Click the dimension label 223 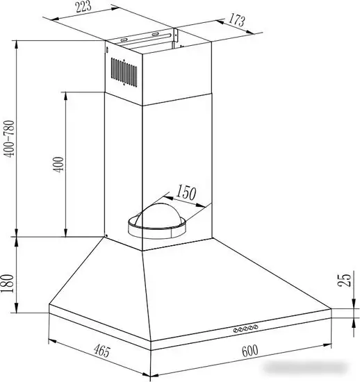click(83, 6)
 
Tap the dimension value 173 click(236, 20)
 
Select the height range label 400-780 click(10, 139)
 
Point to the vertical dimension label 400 click(58, 165)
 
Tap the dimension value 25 click(345, 280)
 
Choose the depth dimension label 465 click(102, 351)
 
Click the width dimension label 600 click(249, 351)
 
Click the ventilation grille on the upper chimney click(124, 72)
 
